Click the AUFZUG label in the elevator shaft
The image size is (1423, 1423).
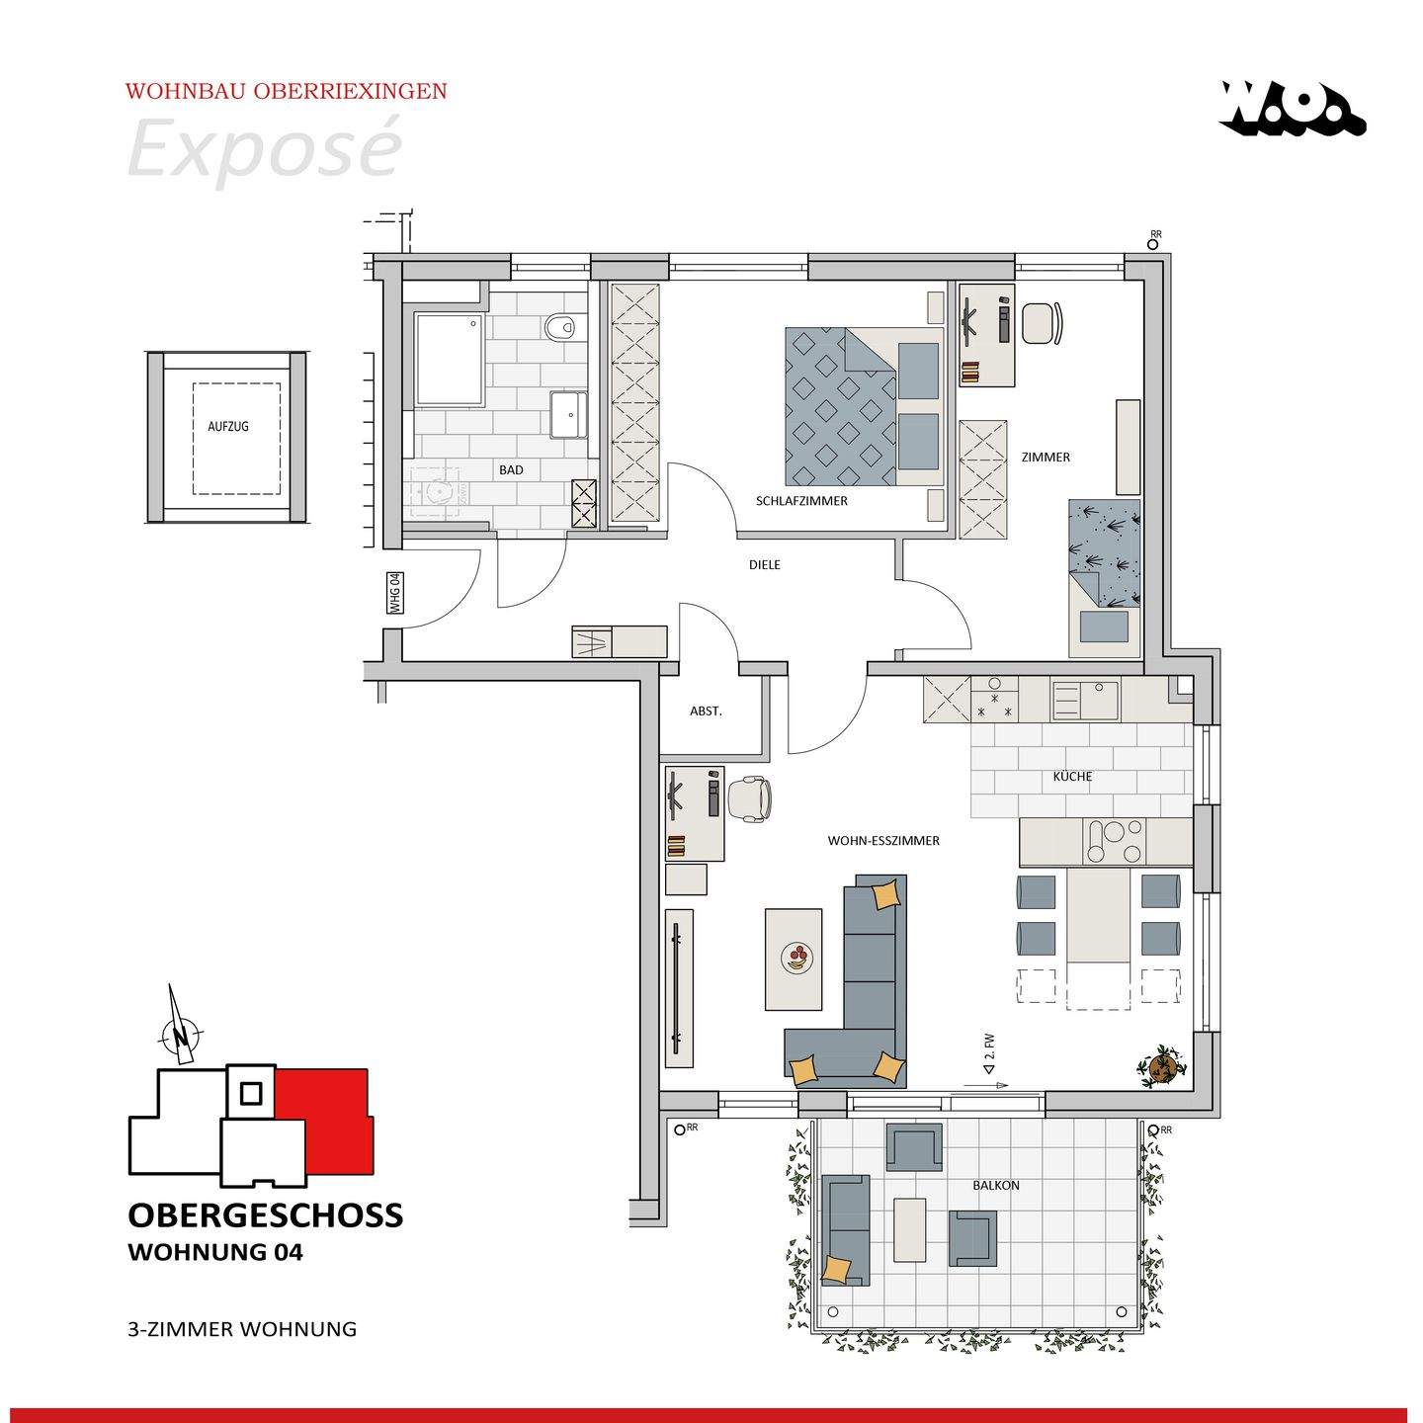[x=228, y=426]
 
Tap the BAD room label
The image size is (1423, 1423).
[x=511, y=469]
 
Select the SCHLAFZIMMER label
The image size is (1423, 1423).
[x=801, y=501]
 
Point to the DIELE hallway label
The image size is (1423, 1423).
[x=764, y=565]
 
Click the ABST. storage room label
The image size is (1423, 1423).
[x=706, y=711]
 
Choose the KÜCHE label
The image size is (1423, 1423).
[x=1072, y=776]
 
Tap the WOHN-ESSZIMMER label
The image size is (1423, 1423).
[x=883, y=840]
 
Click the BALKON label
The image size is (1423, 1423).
[x=995, y=1185]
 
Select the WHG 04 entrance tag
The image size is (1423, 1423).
[x=395, y=593]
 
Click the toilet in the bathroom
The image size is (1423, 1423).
[x=561, y=326]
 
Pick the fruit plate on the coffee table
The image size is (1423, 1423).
[x=796, y=957]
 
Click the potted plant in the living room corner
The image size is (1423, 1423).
[x=1161, y=1065]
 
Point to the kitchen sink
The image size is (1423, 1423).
[x=1085, y=700]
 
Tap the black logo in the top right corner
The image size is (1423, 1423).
[x=1292, y=109]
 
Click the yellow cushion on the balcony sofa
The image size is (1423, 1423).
[x=835, y=1269]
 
